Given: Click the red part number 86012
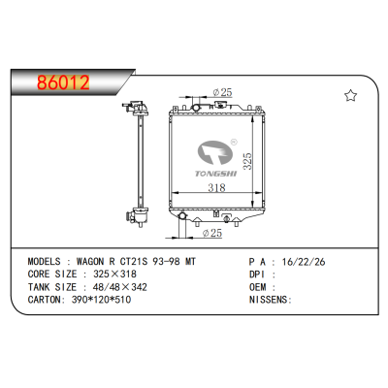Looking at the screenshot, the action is click(63, 82).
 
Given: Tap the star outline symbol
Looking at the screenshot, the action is click(350, 96).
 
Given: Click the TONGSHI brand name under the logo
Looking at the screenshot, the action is click(216, 174).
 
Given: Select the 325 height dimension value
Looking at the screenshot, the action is click(247, 161).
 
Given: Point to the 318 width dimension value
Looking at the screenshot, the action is click(216, 187).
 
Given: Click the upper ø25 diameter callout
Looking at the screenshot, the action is click(222, 92).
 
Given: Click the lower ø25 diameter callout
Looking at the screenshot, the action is click(212, 233).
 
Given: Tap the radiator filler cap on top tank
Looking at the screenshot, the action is click(221, 104).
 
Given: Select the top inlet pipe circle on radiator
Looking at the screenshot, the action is click(196, 108).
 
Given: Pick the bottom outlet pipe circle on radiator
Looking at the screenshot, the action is click(182, 215).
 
